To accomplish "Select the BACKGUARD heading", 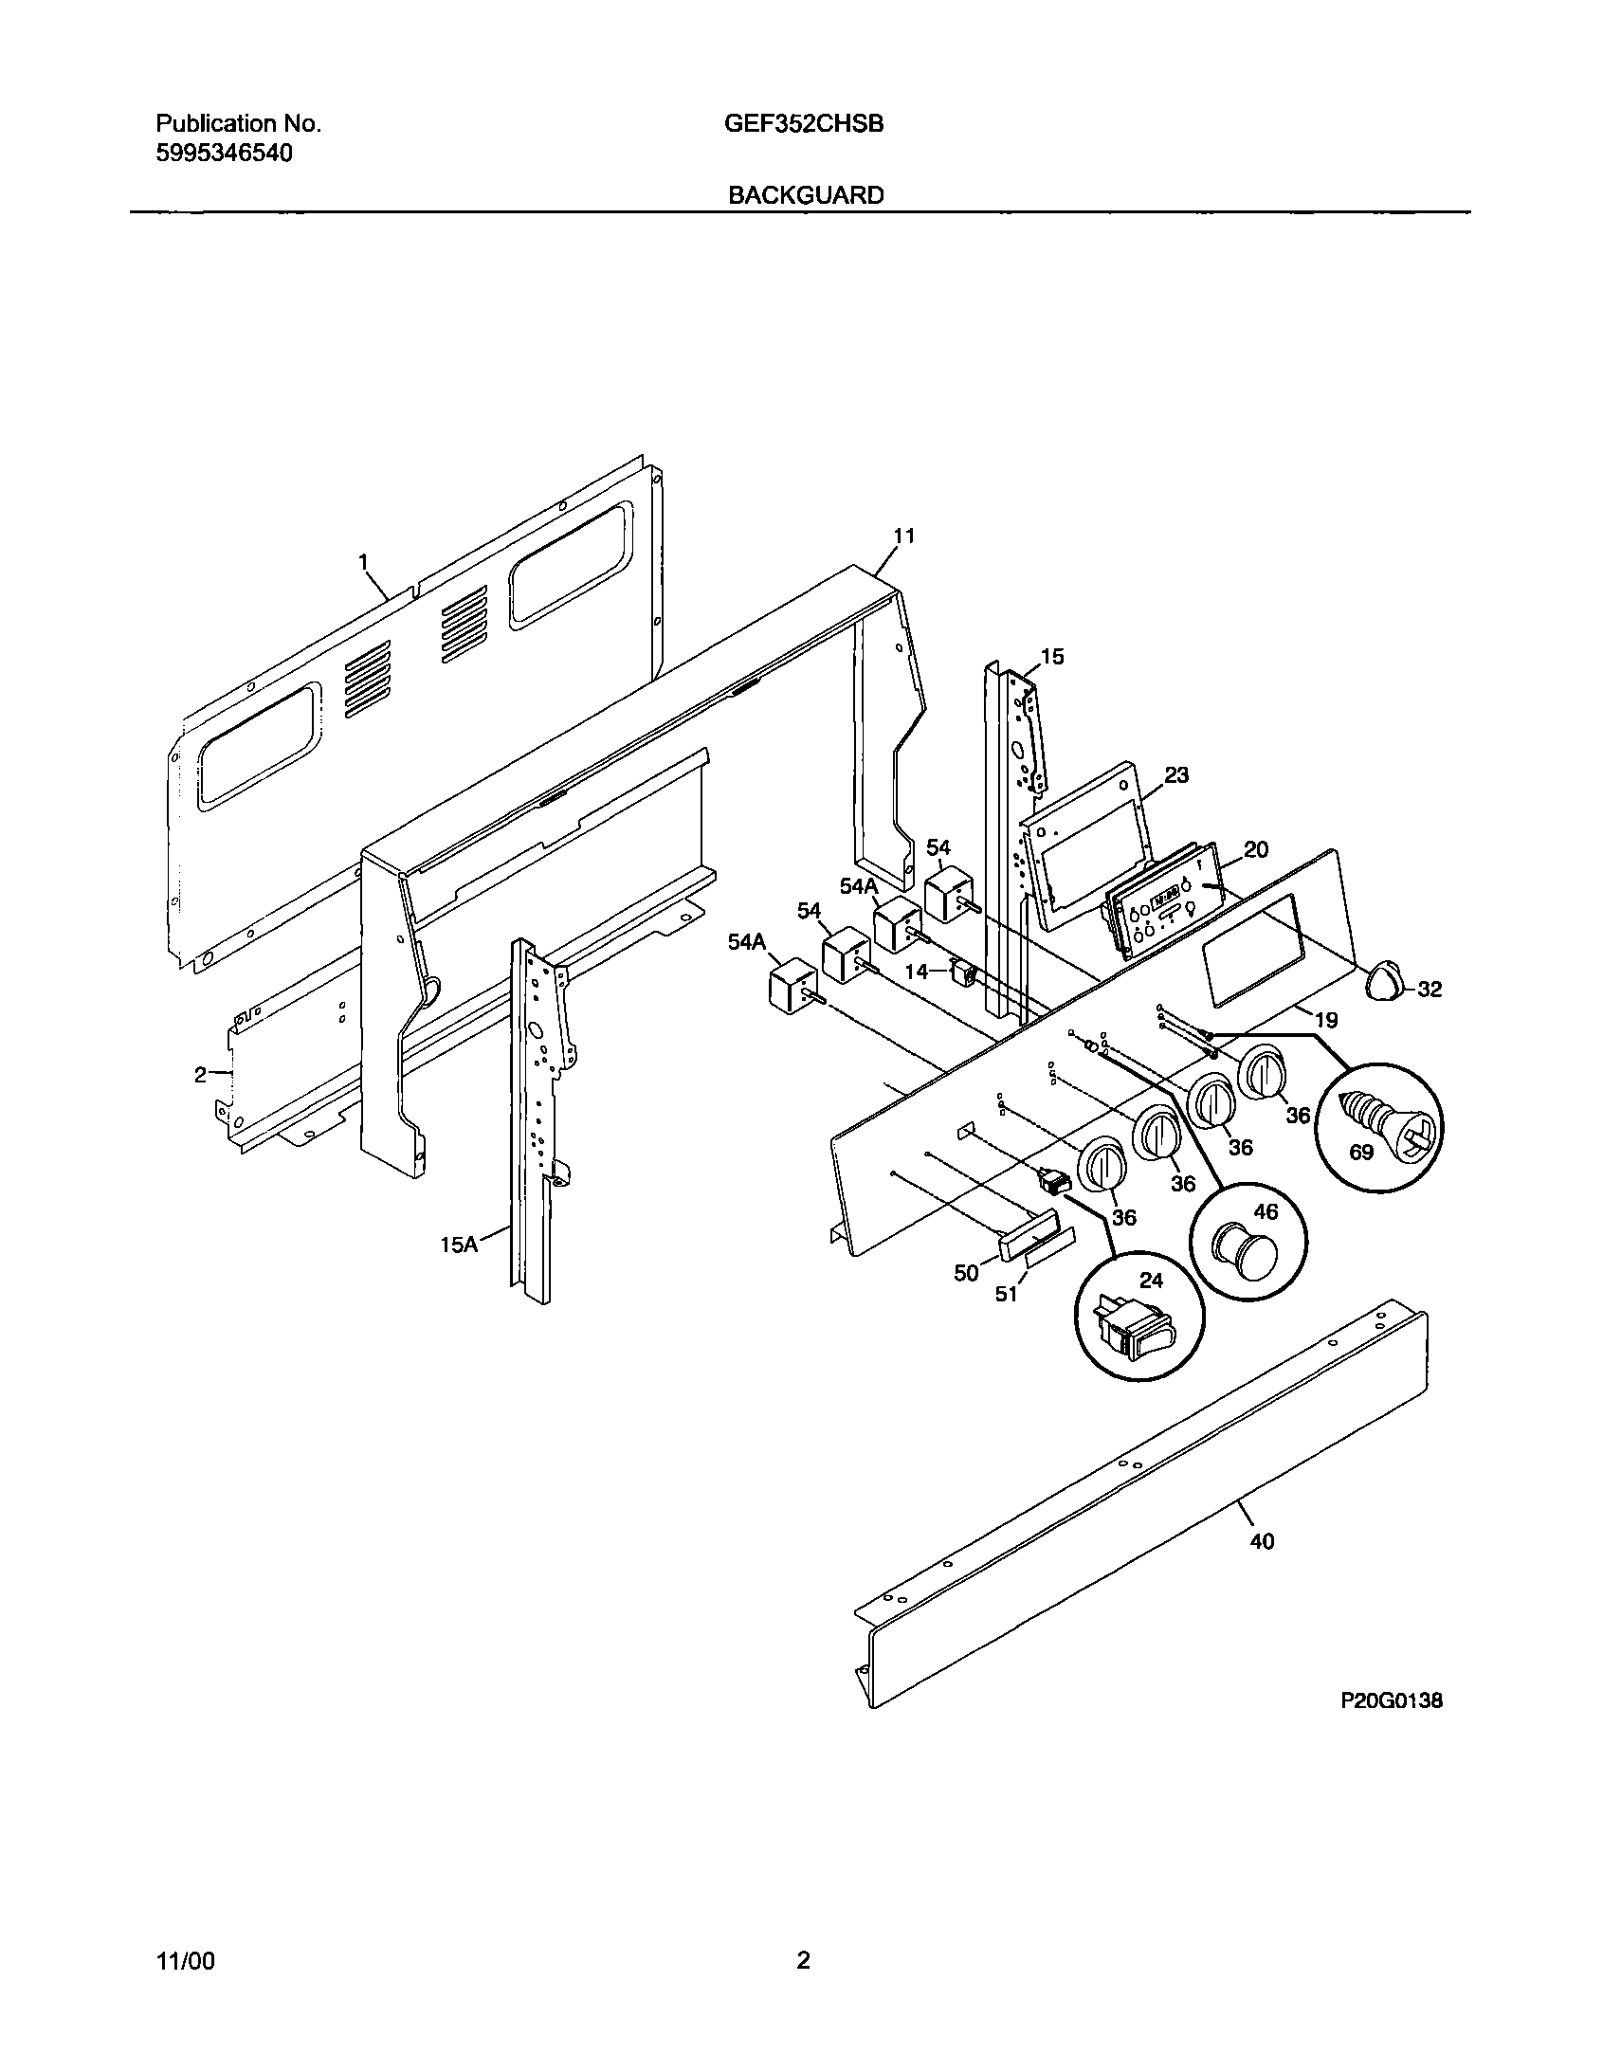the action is tap(806, 195).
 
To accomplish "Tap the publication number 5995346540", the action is tap(224, 154).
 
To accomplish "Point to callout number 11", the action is tap(903, 536).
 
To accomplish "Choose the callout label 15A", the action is tap(459, 1245).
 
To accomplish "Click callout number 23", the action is tap(1175, 775).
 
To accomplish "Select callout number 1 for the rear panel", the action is tap(362, 562).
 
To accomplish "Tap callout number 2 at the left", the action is tap(200, 1075).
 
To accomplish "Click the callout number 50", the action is tap(965, 1273).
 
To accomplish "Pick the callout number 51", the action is tap(1006, 1293).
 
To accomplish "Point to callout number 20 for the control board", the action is tap(1256, 850).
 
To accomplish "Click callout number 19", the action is tap(1326, 1020).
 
